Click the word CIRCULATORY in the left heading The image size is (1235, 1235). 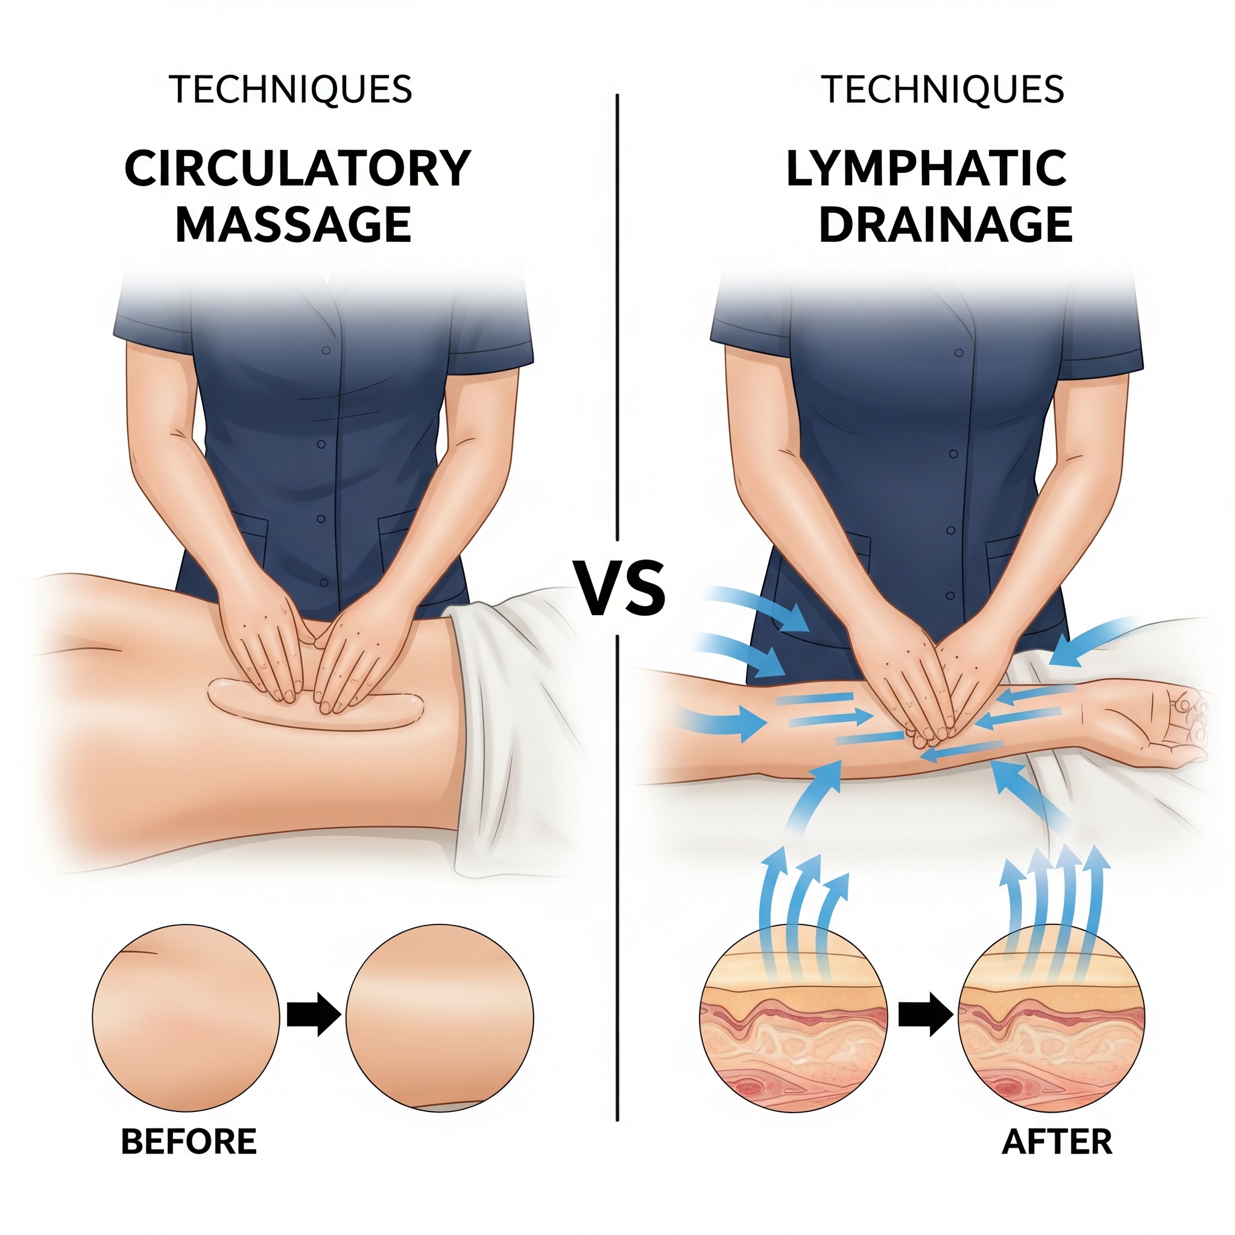(x=298, y=168)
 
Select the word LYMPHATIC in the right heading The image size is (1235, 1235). (x=926, y=168)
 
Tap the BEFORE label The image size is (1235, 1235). (x=189, y=1142)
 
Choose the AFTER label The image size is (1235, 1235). (x=1057, y=1142)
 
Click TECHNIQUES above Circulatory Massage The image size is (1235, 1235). (x=291, y=89)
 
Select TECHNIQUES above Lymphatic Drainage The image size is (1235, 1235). (x=944, y=89)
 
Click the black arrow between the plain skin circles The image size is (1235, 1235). (x=313, y=1014)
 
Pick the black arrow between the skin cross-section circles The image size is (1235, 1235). (x=925, y=1014)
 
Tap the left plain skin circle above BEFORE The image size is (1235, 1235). (x=186, y=1019)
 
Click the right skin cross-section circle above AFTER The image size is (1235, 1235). (x=1052, y=1019)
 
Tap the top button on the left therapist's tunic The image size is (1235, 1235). (x=326, y=350)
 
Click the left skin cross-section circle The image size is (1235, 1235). (x=794, y=1019)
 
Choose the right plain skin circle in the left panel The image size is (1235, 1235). (x=440, y=1019)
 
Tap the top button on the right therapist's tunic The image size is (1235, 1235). (x=958, y=353)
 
